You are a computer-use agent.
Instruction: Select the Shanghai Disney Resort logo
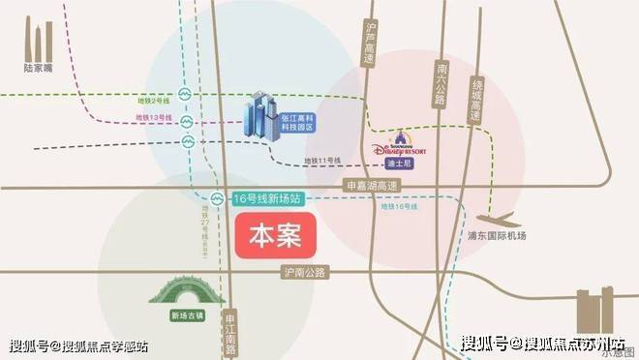tap(404, 147)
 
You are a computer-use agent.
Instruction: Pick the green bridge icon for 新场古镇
tap(180, 291)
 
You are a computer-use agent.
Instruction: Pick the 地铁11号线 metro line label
tap(322, 159)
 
